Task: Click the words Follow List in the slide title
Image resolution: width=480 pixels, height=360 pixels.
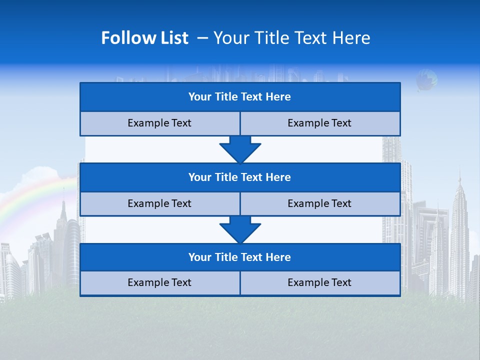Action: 144,38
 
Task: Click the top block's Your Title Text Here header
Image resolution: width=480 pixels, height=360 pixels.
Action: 239,97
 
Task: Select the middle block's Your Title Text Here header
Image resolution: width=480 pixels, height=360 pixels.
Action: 239,177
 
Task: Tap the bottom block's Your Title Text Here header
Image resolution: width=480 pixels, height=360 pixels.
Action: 239,257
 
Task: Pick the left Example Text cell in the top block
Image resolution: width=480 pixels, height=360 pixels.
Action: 159,123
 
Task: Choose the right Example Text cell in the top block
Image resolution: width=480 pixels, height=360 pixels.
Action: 319,123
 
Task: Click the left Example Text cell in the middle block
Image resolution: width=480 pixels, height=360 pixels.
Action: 159,204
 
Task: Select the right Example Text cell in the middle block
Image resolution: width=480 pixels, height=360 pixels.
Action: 319,204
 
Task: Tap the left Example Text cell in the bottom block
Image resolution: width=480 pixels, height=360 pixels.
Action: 159,283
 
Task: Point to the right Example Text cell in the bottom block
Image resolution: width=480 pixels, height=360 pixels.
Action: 319,283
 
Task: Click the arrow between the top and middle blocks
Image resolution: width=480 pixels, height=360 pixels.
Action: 240,149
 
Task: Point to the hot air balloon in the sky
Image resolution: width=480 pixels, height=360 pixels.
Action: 426,79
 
